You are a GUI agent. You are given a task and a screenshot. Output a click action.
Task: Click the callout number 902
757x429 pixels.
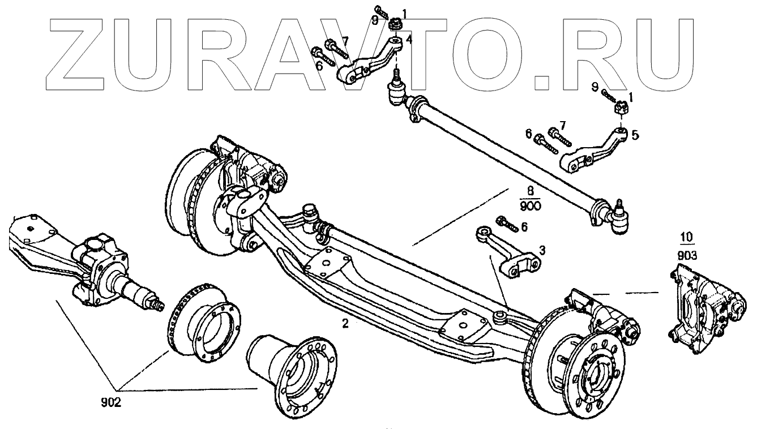click(112, 405)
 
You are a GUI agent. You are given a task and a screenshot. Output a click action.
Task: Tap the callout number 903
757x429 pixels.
click(687, 256)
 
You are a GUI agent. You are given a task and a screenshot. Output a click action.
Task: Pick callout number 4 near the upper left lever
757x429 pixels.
click(409, 40)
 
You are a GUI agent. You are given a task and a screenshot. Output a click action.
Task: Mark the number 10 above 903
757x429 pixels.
click(686, 237)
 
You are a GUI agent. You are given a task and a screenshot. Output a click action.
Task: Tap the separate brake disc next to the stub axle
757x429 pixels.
click(198, 322)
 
